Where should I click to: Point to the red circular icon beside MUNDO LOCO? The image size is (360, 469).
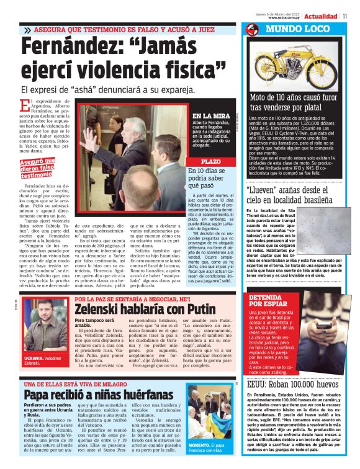point(252,30)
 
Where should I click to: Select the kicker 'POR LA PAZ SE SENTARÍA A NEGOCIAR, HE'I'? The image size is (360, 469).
point(132,299)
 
